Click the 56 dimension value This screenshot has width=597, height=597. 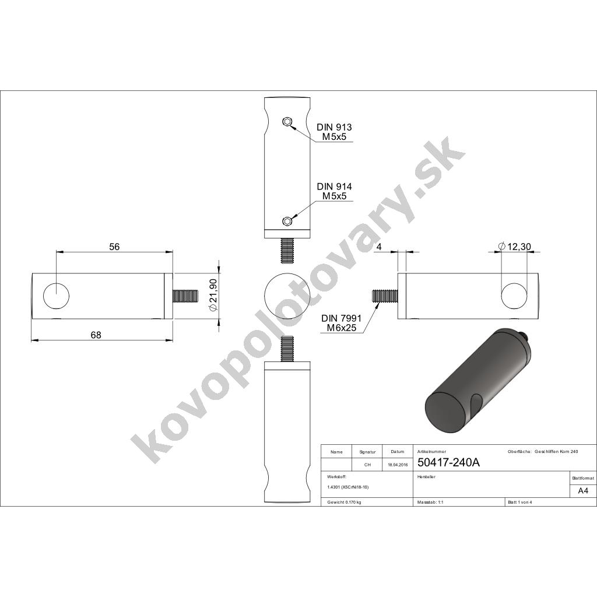(x=114, y=247)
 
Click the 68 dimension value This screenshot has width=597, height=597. (x=96, y=335)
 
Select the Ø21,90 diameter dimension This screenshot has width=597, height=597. (x=213, y=296)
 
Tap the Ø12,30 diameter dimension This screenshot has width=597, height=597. (x=514, y=247)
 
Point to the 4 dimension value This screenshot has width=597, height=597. (x=378, y=247)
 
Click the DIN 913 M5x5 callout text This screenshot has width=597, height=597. (x=334, y=132)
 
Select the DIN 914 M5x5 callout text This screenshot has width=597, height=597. (x=334, y=191)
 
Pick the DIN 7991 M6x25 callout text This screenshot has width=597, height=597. (x=341, y=323)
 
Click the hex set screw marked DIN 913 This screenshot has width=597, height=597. (x=287, y=122)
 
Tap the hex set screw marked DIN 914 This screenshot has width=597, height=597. (x=287, y=221)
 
